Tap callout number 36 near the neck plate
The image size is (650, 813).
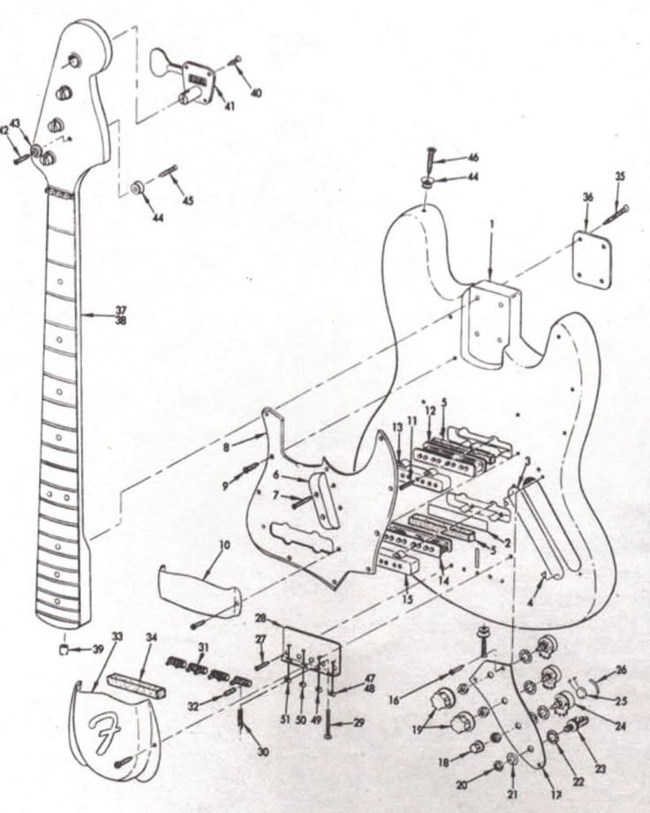[x=587, y=198]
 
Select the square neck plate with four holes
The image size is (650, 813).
[x=593, y=259]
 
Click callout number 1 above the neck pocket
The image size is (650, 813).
[x=491, y=225]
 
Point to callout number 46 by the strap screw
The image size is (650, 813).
[x=473, y=157]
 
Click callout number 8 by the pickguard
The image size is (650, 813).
[x=227, y=448]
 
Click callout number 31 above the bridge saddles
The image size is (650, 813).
[x=204, y=647]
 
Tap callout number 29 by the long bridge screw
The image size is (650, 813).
[x=359, y=723]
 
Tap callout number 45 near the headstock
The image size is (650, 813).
[x=188, y=201]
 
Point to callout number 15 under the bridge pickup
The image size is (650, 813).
[x=406, y=600]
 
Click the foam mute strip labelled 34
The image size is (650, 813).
[x=136, y=684]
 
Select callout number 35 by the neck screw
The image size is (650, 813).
[x=620, y=178]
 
